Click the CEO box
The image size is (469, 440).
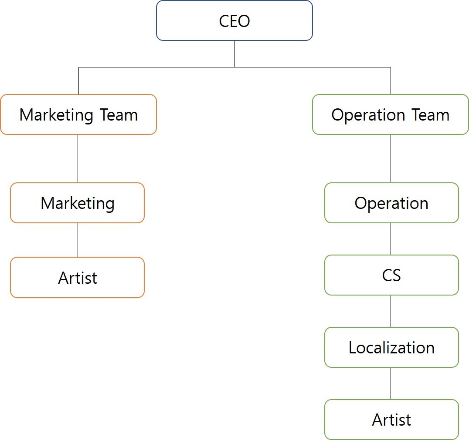tap(234, 21)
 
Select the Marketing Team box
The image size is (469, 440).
tap(78, 114)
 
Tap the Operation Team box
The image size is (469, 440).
tap(391, 114)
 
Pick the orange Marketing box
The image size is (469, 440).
tap(78, 203)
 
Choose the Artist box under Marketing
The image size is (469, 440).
tap(78, 278)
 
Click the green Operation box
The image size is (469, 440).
tap(391, 203)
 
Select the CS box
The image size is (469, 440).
tap(391, 275)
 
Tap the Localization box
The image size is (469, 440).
tap(391, 347)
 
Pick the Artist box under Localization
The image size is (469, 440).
tap(391, 420)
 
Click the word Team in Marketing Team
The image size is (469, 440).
tap(119, 115)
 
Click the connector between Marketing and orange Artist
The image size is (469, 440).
tap(78, 240)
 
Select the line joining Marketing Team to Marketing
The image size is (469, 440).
tap(78, 158)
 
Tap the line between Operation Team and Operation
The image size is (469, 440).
tap(391, 158)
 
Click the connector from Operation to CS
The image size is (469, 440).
tap(391, 239)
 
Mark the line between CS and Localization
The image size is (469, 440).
tap(391, 311)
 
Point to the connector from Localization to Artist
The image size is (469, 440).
tap(391, 383)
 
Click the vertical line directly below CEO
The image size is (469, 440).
tap(234, 54)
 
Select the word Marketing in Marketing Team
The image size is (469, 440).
tap(56, 115)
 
